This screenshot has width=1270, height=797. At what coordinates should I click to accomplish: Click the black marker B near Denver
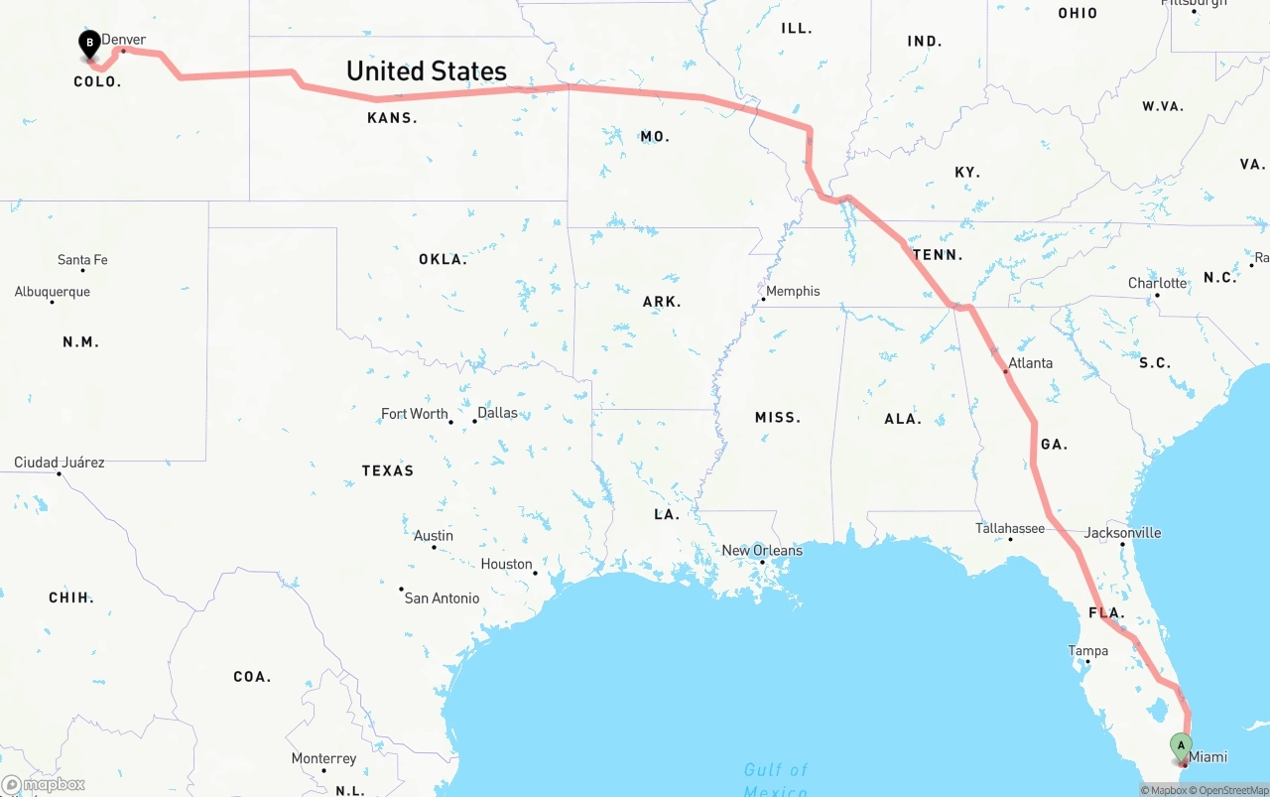[x=90, y=44]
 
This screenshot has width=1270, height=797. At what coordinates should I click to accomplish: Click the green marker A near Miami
[x=1181, y=745]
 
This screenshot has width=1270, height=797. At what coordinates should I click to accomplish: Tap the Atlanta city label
[x=1030, y=363]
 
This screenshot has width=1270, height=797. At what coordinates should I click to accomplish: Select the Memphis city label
[x=793, y=291]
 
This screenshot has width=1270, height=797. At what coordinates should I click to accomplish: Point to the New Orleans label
[x=762, y=551]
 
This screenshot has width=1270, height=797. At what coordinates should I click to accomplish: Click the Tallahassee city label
[x=1009, y=528]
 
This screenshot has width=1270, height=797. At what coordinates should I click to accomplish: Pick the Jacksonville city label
[x=1122, y=533]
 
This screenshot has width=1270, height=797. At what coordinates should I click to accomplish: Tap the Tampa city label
[x=1087, y=651]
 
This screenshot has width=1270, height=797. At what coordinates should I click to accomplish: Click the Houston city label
[x=507, y=564]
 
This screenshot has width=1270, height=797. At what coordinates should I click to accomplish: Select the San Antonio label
[x=442, y=598]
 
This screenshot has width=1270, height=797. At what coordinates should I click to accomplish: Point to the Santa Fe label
[x=82, y=260]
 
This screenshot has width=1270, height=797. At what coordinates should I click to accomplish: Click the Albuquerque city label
[x=52, y=292]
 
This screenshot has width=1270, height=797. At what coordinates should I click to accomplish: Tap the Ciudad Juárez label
[x=59, y=463]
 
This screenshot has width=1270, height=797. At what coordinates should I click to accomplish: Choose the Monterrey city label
[x=323, y=758]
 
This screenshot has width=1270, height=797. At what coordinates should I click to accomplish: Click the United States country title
[x=427, y=71]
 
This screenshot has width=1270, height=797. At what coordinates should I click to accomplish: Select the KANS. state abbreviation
[x=392, y=118]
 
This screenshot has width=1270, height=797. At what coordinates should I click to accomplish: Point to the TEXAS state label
[x=388, y=470]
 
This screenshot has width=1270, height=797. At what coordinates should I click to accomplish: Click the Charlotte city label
[x=1157, y=283]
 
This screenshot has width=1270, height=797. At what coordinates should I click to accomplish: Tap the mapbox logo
[x=44, y=785]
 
